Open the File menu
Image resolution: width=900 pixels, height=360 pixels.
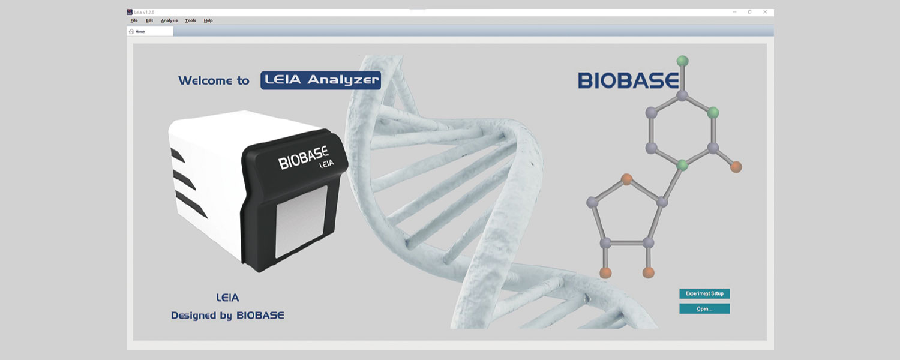coord(134,20)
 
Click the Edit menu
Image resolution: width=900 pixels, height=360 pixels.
coord(149,20)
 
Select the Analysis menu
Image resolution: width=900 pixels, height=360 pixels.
coord(169,20)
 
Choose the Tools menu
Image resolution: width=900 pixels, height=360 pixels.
coord(190,20)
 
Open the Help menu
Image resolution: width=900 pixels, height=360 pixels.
coord(208,20)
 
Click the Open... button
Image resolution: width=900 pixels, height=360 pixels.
coord(704,309)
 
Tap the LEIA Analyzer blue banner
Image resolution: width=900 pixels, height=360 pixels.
coord(320,80)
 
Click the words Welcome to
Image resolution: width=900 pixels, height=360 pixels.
coord(214,81)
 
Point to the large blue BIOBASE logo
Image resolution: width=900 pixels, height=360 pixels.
coord(628,80)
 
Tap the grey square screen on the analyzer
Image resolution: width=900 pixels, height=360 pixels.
coord(301,223)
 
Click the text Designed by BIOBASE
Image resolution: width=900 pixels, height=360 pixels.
coord(227,315)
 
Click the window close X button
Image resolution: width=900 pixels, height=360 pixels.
coord(765,12)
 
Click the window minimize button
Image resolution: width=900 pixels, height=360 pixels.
coord(734,12)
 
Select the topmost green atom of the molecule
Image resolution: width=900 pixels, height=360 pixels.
coord(682,61)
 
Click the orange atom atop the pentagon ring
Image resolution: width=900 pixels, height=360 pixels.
coord(627,178)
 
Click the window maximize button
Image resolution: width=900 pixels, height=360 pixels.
coord(749,12)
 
